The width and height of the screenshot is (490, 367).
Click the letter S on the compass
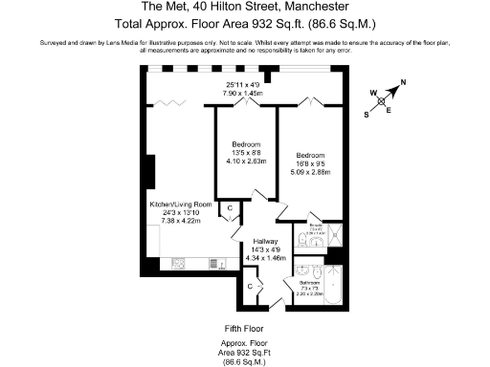[367, 113]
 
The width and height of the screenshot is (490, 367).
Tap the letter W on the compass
[373, 93]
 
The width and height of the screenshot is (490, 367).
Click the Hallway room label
[264, 241]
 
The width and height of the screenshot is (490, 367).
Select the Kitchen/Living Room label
[180, 205]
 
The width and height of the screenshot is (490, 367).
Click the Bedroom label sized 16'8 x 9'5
[311, 155]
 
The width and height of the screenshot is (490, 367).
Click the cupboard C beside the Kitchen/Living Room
[230, 209]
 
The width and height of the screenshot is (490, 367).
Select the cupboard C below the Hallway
[250, 285]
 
